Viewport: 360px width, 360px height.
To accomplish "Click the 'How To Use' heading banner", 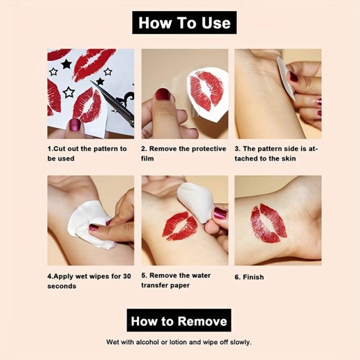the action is click(184, 22).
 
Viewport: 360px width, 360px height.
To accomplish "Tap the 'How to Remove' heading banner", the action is click(179, 320).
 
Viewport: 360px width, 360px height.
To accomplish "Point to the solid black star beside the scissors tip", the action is click(100, 81).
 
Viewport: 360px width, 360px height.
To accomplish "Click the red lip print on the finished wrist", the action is click(269, 223).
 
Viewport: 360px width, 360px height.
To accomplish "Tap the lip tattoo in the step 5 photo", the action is click(180, 226).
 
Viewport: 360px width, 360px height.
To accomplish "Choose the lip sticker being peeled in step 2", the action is click(206, 91).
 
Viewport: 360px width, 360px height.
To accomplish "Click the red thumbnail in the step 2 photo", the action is click(163, 94).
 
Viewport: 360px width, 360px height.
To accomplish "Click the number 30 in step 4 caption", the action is click(127, 276).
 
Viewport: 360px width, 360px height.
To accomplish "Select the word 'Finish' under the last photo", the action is click(254, 277).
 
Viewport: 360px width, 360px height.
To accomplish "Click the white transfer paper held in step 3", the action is click(286, 78).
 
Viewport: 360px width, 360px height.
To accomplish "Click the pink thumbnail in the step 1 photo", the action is click(75, 125).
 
